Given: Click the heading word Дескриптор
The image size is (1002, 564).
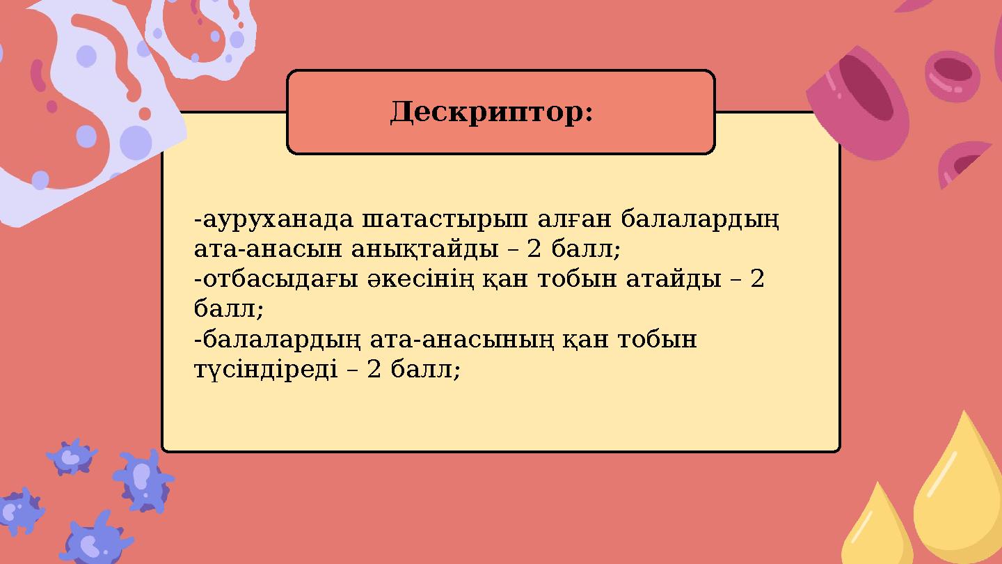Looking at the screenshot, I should coord(491,112).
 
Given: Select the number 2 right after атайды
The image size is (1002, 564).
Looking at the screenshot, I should coord(758,279).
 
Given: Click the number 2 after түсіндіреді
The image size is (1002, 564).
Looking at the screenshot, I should coord(374,368).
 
